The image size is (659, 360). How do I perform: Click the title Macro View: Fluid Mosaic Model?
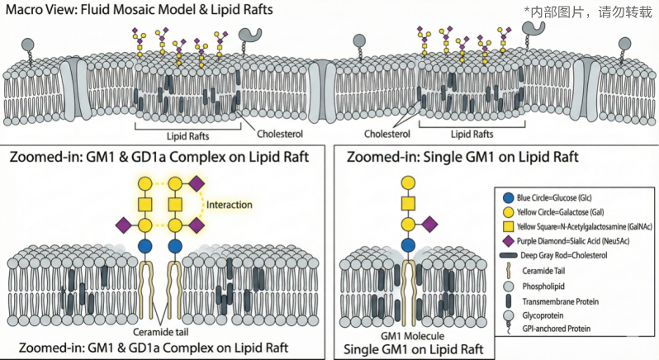[116, 10]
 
